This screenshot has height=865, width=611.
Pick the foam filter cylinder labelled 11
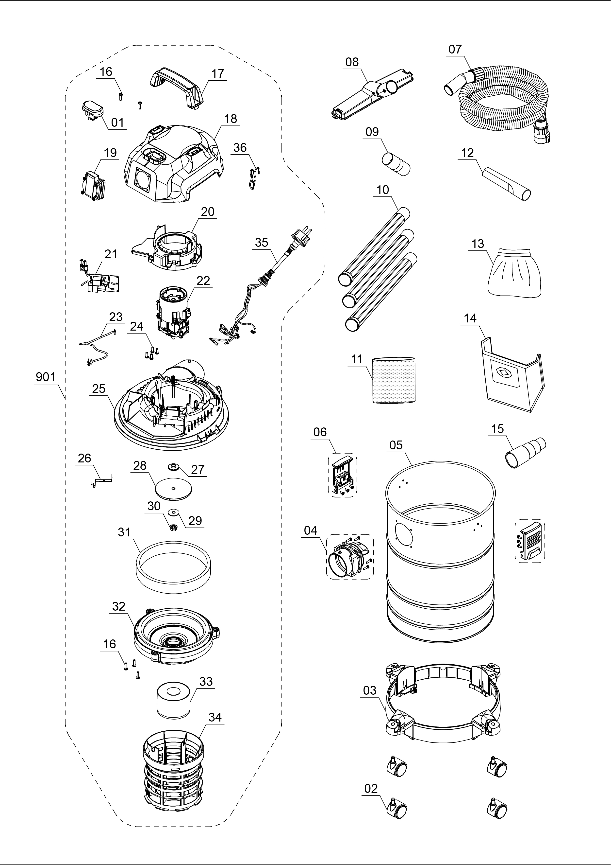click(x=394, y=381)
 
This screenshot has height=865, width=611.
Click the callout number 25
click(x=99, y=388)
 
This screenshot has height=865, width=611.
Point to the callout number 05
click(x=396, y=445)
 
